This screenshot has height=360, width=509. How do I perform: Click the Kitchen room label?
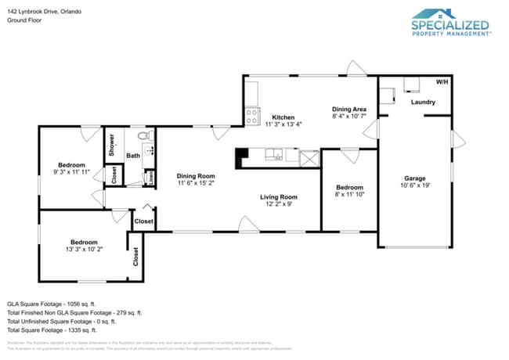tap(283, 117)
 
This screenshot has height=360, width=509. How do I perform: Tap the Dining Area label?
tap(349, 109)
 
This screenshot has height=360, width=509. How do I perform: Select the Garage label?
tap(414, 178)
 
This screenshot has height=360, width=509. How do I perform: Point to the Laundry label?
tap(423, 102)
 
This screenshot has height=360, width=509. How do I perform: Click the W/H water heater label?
tap(442, 82)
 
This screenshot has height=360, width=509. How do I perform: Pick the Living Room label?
tap(279, 196)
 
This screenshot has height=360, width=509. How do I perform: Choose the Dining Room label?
tap(195, 176)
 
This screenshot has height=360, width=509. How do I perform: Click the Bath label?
tap(134, 156)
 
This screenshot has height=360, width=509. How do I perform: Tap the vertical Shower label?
tap(112, 146)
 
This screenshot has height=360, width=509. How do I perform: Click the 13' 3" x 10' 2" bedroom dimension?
tap(84, 249)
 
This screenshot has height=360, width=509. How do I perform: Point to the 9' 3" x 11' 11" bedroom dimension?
tap(71, 171)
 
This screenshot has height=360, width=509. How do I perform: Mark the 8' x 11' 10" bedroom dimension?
tap(349, 194)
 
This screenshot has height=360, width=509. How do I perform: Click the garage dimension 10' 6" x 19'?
tap(414, 185)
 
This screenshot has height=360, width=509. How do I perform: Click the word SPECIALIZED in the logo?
tap(451, 25)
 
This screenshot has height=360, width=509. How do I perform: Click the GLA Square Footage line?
tap(51, 303)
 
